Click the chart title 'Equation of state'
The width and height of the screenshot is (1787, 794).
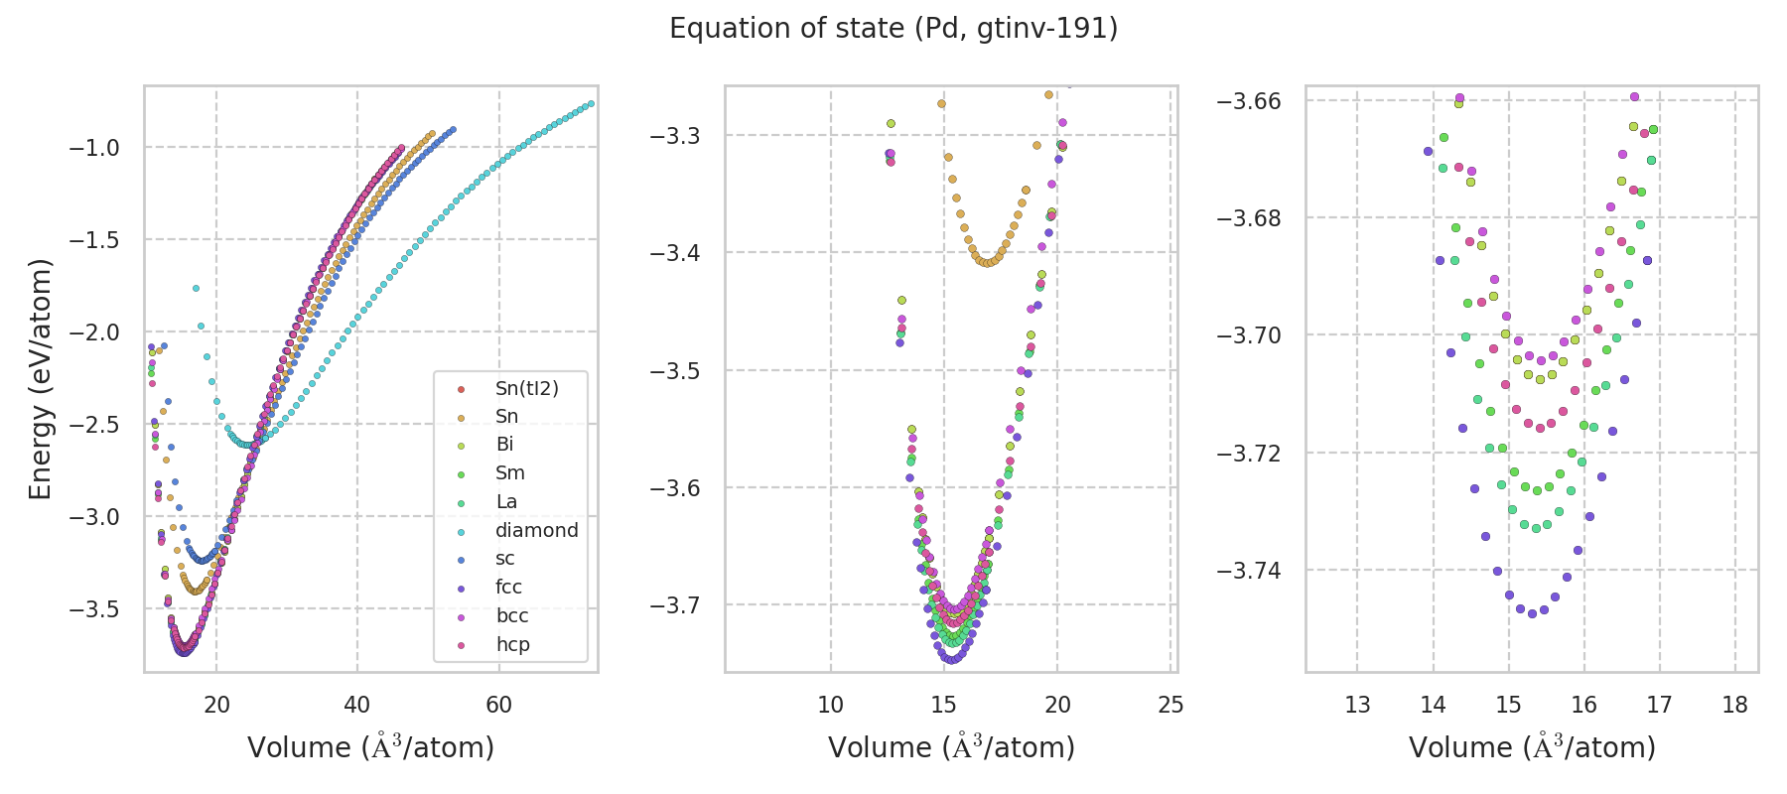pos(893,29)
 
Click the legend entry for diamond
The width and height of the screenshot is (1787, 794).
pos(536,530)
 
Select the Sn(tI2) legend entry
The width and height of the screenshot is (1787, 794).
pos(526,388)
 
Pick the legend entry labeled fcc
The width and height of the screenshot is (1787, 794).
pos(508,588)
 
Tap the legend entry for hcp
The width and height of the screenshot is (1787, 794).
pos(512,645)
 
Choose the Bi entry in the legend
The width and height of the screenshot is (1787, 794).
pos(504,445)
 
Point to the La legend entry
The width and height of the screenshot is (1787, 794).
pos(506,502)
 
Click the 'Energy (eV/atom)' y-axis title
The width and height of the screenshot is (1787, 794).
pos(40,379)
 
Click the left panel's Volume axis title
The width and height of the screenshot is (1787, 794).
pos(370,747)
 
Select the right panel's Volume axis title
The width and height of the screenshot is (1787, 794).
pos(1532,747)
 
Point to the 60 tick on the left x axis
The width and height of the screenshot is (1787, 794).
pos(498,705)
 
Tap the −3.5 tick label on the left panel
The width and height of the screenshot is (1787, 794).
pos(93,608)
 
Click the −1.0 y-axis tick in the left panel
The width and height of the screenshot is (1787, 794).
pos(93,148)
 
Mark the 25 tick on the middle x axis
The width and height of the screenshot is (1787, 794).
pos(1171,705)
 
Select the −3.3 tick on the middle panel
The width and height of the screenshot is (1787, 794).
pos(674,136)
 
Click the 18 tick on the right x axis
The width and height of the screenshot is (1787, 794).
pos(1735,705)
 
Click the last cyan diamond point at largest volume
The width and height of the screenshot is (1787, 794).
pos(591,103)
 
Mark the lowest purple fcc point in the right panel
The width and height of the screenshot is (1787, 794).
pos(1532,613)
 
